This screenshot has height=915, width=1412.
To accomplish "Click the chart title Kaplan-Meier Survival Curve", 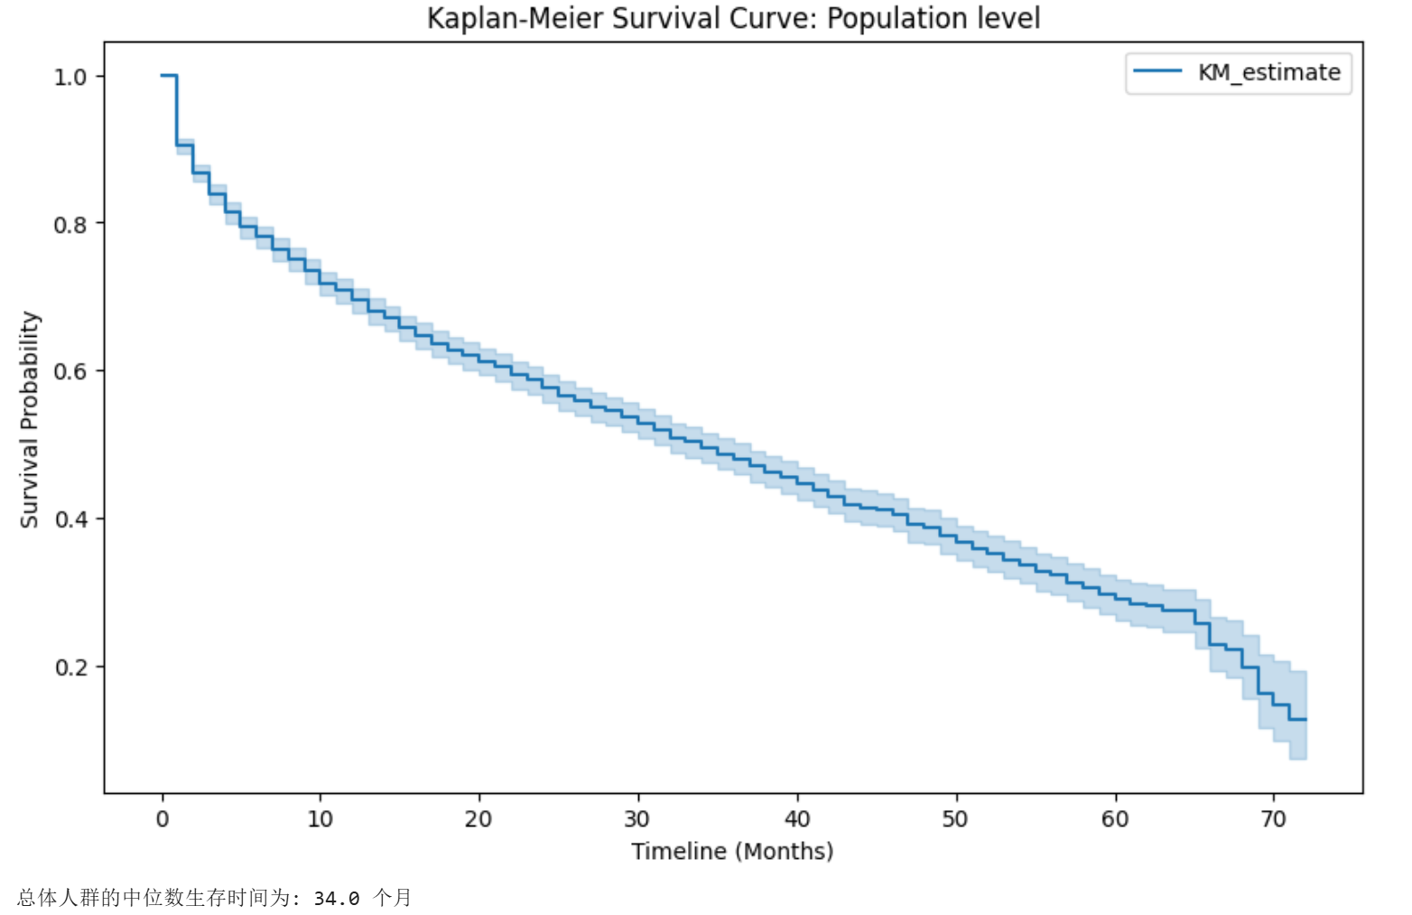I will [x=733, y=18].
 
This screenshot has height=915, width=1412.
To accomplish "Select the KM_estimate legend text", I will [x=1268, y=72].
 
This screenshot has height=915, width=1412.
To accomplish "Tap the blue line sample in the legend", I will [x=1157, y=71].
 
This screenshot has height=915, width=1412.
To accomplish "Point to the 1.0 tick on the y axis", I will [x=70, y=77].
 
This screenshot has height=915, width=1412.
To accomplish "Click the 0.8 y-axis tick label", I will [x=70, y=224].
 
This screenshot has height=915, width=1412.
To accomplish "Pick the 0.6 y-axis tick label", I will [x=70, y=371].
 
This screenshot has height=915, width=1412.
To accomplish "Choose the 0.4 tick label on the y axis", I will [x=70, y=519].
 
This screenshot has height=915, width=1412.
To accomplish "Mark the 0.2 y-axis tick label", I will [x=70, y=668].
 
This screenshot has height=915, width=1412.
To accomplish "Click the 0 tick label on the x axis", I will [x=163, y=819].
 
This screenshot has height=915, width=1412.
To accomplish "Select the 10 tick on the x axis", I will [x=320, y=819].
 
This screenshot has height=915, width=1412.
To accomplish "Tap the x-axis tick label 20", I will [x=478, y=819].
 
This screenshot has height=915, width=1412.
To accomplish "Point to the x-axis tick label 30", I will [x=637, y=819].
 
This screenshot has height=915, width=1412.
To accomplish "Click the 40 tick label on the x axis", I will [x=796, y=819].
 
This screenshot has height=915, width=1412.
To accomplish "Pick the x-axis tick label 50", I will [x=955, y=819].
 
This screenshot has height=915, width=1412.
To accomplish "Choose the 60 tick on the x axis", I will [x=1114, y=819].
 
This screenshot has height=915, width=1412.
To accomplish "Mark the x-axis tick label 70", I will [x=1273, y=819].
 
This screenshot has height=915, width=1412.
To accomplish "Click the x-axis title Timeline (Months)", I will [x=732, y=851].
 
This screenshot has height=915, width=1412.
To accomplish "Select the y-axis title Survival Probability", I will [x=30, y=420].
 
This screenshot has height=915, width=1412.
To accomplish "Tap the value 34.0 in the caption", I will [x=337, y=898].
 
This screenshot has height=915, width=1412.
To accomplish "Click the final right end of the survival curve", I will [x=1305, y=719].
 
